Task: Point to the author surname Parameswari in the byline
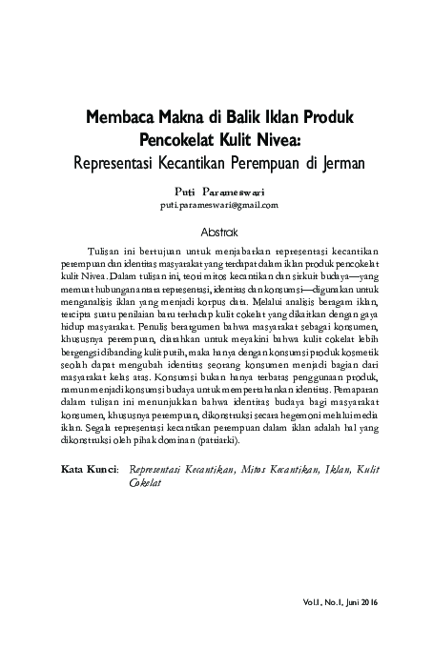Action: (x=239, y=191)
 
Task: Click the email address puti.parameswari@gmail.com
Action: (x=218, y=205)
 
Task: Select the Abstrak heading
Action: (x=217, y=232)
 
